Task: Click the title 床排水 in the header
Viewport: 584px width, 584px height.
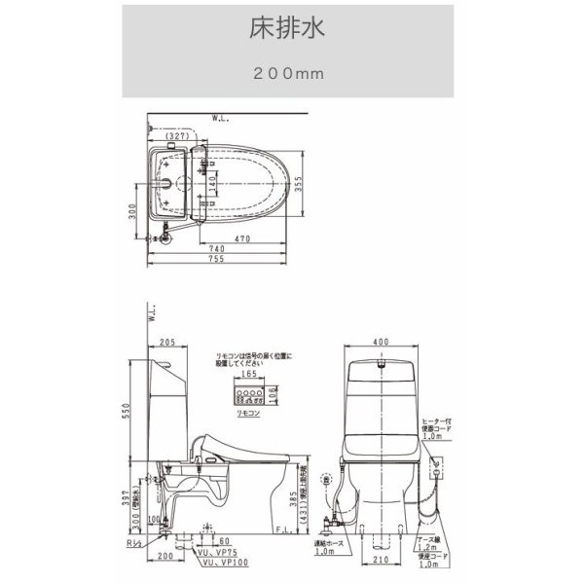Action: click(x=291, y=27)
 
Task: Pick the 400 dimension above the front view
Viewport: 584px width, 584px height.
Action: click(x=382, y=343)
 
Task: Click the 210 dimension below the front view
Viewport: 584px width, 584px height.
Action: click(x=380, y=561)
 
